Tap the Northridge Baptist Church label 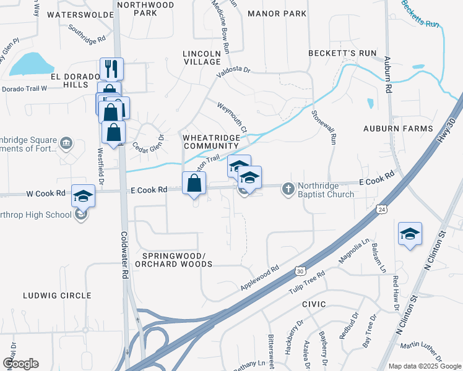click(326, 189)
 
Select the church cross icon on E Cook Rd click(288, 188)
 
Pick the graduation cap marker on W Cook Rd click(83, 196)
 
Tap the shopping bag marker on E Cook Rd click(194, 183)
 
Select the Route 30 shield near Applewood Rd click(300, 271)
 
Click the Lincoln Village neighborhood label click(202, 58)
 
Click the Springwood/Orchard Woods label click(177, 260)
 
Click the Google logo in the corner click(20, 363)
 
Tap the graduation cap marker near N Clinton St click(410, 234)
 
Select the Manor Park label click(277, 13)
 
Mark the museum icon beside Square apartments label click(67, 145)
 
